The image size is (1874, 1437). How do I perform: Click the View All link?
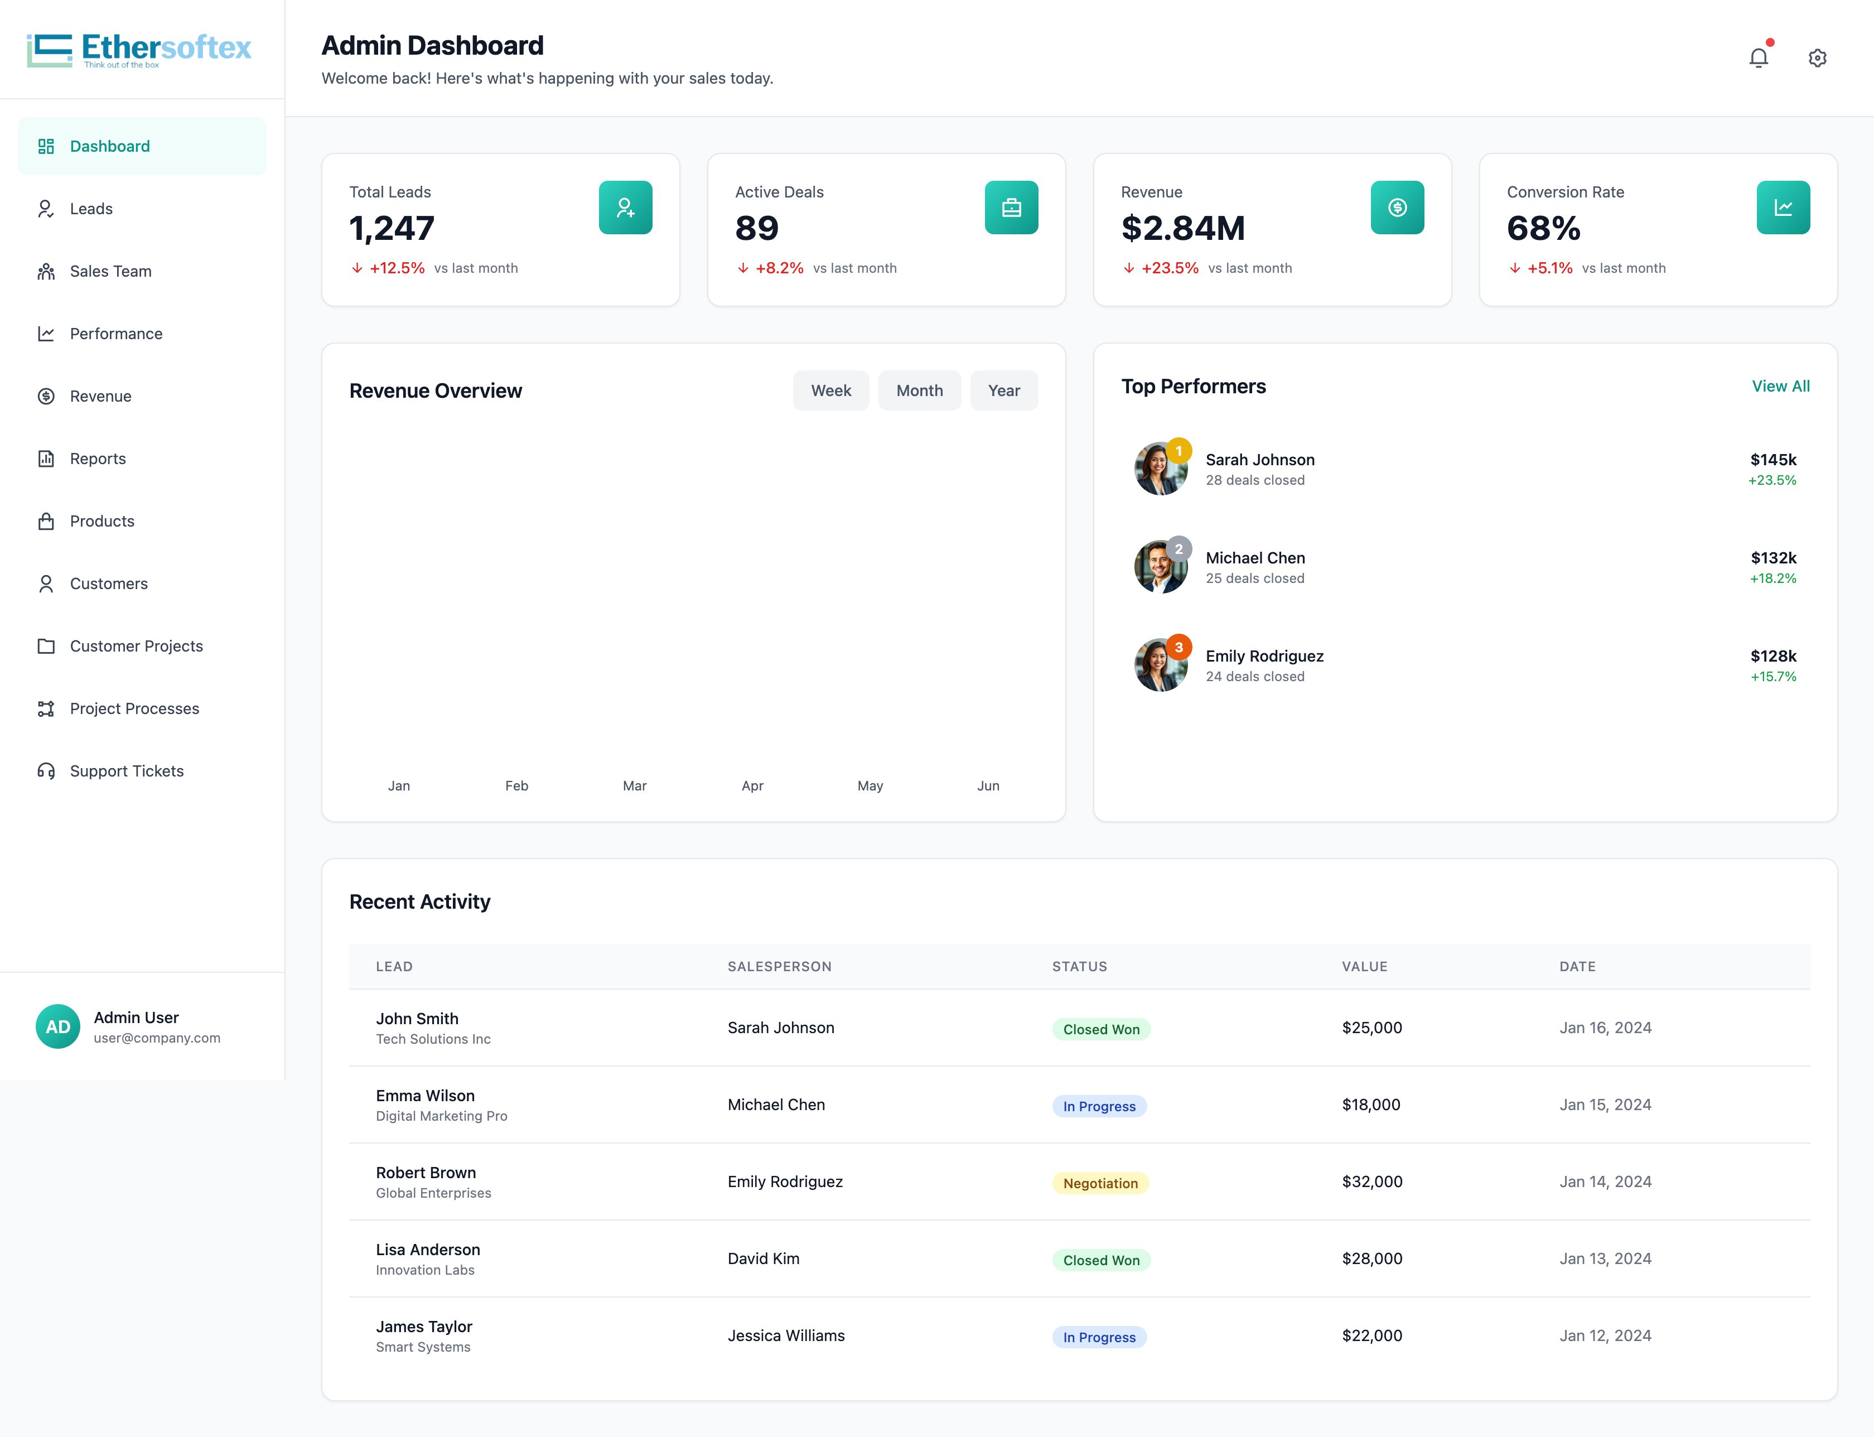(x=1781, y=386)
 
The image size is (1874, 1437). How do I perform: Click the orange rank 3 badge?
(x=1179, y=648)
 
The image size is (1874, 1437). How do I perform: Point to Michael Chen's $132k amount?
(x=1773, y=558)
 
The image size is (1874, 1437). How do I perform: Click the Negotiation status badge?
(x=1100, y=1183)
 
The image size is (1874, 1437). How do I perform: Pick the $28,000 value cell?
(x=1372, y=1258)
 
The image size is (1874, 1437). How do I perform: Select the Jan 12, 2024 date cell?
(x=1605, y=1335)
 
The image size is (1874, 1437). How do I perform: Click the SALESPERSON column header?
(x=779, y=967)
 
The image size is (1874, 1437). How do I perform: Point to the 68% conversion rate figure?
(x=1544, y=228)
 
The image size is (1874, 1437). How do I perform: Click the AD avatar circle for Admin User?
(x=58, y=1026)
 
